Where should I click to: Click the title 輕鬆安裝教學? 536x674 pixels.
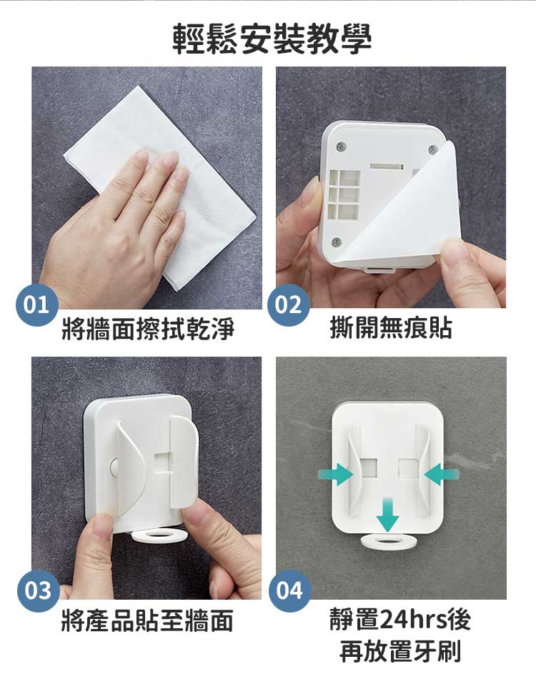272,39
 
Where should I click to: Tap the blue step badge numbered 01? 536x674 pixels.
37,304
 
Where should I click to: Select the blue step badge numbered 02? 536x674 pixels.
289,304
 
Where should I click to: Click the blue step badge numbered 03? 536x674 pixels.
38,590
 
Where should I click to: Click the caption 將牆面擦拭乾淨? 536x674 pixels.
148,329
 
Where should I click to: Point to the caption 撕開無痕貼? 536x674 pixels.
391,327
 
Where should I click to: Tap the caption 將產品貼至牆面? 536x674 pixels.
147,620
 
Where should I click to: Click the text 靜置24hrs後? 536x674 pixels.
401,619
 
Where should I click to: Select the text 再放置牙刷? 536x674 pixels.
401,651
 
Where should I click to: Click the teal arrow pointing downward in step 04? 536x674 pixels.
388,514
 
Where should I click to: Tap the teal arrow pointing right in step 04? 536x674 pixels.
336,475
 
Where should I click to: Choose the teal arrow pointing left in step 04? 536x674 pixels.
442,475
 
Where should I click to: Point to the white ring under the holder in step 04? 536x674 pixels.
389,541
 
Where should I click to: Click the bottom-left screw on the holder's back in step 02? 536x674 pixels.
337,242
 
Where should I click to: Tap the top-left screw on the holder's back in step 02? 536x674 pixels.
341,147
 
